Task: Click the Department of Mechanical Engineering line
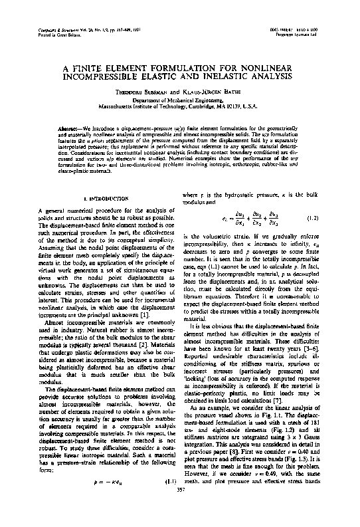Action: point(180,101)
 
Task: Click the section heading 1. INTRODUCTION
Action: point(102,198)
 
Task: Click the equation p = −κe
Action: point(106,498)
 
